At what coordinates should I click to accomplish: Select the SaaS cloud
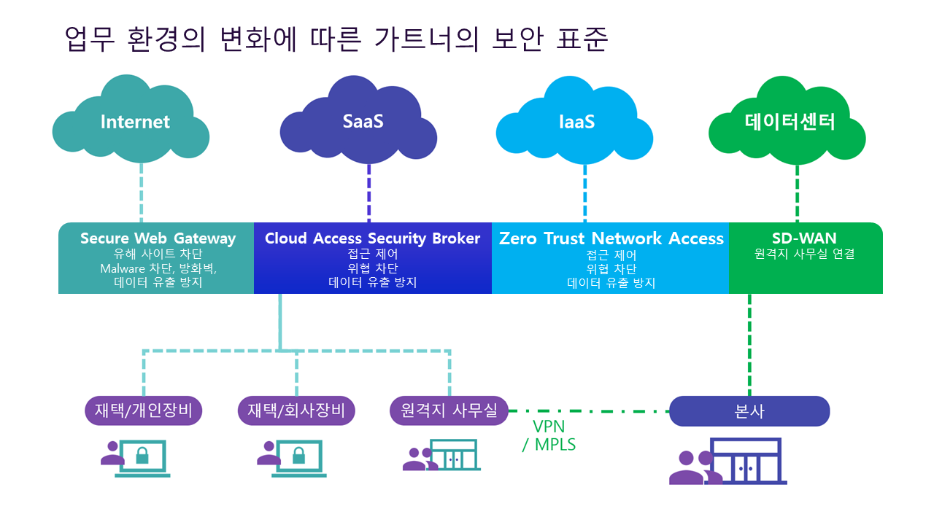click(x=363, y=122)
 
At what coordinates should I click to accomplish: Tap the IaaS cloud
click(x=576, y=122)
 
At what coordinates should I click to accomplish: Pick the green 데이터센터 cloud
click(x=790, y=122)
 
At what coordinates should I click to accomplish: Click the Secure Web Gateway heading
click(x=158, y=238)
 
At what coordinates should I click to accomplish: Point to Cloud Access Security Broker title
click(x=372, y=238)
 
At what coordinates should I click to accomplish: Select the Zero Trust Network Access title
click(x=611, y=238)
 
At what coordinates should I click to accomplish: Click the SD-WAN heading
click(x=804, y=238)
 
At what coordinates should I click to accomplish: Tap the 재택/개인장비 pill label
click(x=143, y=411)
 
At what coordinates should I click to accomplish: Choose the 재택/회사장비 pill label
click(x=296, y=411)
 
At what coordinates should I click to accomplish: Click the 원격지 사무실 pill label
click(x=449, y=411)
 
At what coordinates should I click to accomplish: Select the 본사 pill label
click(x=749, y=411)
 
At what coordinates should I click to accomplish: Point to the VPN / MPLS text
click(x=549, y=435)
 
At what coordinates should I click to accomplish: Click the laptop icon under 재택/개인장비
click(x=143, y=459)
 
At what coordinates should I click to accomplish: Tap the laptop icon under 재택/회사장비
click(x=298, y=459)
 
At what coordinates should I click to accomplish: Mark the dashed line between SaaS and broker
click(x=368, y=193)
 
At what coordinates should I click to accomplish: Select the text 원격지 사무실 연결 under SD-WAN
click(x=804, y=254)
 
